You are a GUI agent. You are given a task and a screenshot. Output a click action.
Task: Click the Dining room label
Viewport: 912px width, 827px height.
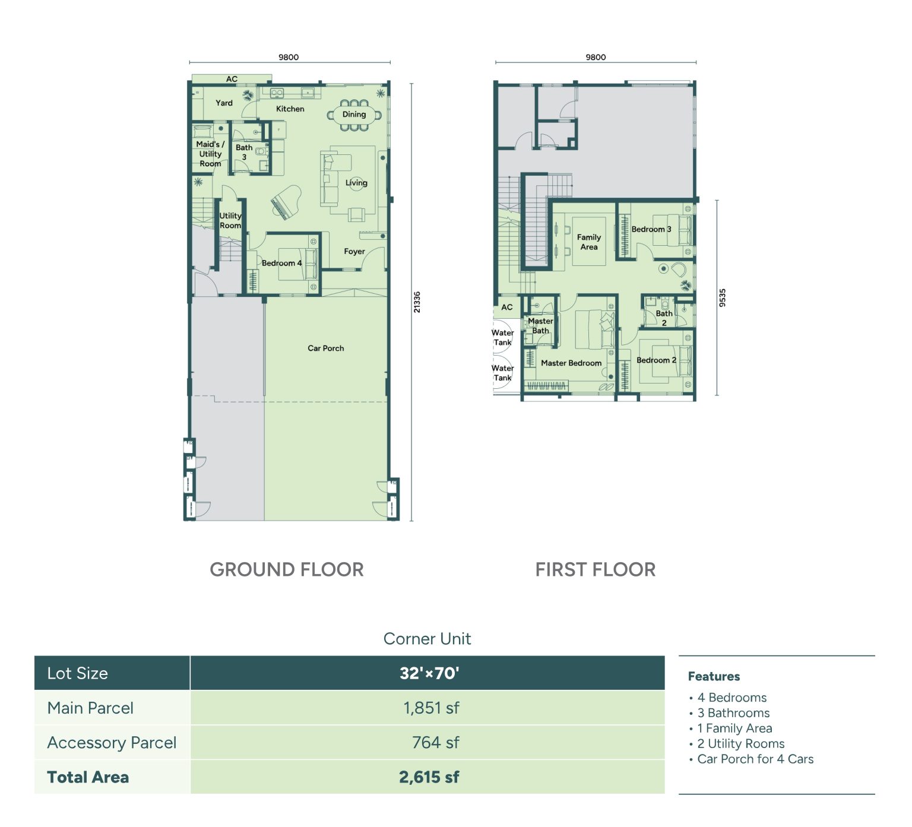(354, 115)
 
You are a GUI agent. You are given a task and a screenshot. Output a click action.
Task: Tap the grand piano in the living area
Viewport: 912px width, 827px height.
(285, 202)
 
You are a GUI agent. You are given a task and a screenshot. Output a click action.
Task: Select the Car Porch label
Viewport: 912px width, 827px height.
(325, 348)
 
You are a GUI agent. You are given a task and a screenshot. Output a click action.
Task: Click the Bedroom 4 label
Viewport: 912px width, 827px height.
(281, 263)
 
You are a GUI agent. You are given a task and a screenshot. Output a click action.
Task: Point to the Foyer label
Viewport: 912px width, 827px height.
(354, 252)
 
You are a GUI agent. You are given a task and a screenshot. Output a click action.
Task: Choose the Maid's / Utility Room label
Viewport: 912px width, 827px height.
(210, 154)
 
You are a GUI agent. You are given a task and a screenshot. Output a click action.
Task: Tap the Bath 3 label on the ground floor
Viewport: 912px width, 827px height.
(244, 152)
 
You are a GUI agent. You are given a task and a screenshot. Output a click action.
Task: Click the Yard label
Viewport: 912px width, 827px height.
(224, 103)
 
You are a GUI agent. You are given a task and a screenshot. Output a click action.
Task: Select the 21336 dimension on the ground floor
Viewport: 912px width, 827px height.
(417, 302)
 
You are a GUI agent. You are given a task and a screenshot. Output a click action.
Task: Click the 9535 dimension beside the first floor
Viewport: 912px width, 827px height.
(723, 297)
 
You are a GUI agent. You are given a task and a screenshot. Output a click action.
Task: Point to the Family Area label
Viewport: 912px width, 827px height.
(589, 242)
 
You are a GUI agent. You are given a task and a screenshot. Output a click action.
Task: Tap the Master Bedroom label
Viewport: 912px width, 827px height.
(571, 363)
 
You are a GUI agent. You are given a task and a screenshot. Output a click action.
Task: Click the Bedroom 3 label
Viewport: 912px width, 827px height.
(651, 229)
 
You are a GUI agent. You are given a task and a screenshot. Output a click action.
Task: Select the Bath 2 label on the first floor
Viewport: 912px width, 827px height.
(664, 318)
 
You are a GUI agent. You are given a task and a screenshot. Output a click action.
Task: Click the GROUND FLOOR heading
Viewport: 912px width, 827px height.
(287, 570)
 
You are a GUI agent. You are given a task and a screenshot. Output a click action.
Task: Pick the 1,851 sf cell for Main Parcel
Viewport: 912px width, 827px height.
(431, 708)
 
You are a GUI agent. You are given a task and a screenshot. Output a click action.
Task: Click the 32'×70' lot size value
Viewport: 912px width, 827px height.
(429, 673)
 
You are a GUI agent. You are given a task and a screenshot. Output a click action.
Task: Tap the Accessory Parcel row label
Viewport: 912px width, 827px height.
(112, 743)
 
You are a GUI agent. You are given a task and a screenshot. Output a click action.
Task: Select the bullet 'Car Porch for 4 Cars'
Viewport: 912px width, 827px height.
(755, 759)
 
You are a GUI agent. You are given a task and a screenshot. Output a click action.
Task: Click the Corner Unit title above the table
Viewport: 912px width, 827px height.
(427, 639)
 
